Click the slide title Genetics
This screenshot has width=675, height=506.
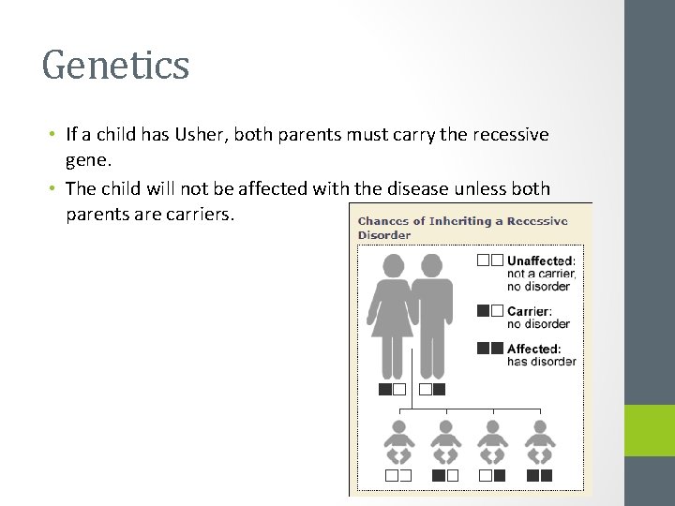coord(115,66)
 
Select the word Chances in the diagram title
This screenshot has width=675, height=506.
coord(383,222)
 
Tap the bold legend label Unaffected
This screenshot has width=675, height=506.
coord(541,260)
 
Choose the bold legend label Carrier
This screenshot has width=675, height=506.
coord(529,311)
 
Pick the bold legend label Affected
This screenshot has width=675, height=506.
coord(533,350)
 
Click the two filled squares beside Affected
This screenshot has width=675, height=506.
coord(489,349)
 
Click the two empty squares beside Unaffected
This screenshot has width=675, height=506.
coord(489,260)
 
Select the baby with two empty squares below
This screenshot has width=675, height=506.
coord(397,440)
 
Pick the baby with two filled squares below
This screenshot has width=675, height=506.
coord(539,440)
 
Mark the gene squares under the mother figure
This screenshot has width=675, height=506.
coord(392,389)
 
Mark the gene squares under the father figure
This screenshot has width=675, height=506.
coord(432,389)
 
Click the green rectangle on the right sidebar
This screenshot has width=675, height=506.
coord(650,430)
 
